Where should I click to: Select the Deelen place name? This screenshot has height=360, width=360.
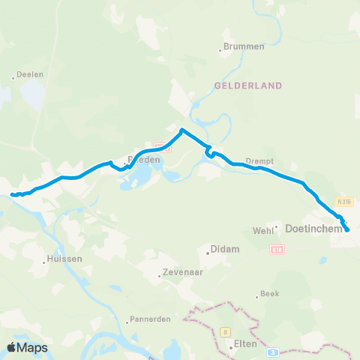(25, 76)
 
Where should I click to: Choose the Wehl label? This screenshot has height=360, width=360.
(263, 230)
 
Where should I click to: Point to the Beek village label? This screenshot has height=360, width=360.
(268, 294)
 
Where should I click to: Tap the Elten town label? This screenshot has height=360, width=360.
(245, 346)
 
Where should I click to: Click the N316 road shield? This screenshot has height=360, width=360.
(344, 201)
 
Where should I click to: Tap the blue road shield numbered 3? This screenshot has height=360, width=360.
(274, 351)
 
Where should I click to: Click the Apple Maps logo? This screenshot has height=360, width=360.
(27, 347)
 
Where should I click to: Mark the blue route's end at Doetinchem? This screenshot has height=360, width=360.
(346, 229)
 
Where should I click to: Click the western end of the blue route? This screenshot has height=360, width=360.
(12, 195)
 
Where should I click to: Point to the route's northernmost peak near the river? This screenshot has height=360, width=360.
(181, 130)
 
